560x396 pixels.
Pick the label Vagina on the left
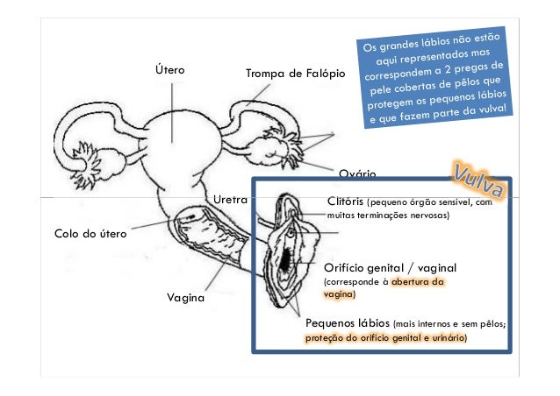185,298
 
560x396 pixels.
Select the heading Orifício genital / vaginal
391,266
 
